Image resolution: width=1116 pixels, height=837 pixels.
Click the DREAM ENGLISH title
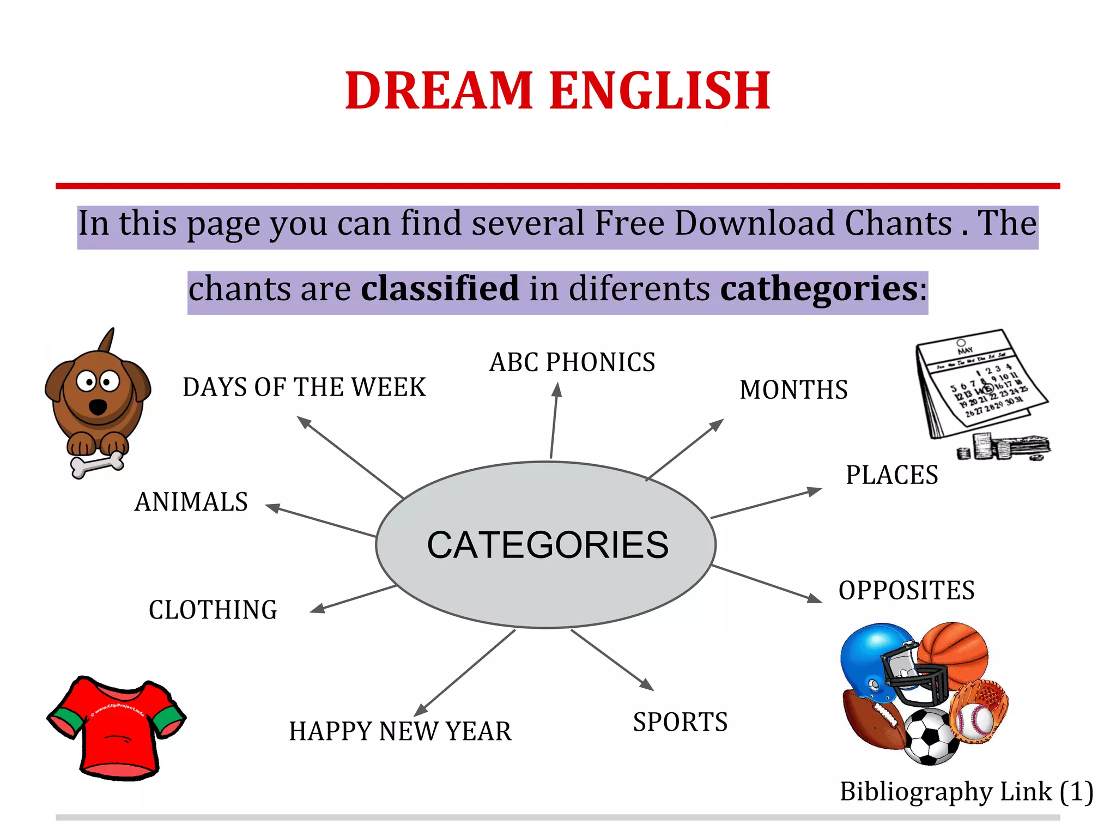[557, 90]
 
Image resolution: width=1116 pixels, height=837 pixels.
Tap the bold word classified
[440, 288]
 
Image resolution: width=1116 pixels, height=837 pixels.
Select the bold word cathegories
[819, 289]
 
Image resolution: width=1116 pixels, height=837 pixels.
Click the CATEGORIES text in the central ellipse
[547, 545]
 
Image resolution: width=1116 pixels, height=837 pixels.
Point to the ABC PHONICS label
[572, 362]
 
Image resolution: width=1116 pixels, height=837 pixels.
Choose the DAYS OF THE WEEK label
[304, 387]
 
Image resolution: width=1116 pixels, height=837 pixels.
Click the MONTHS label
[793, 390]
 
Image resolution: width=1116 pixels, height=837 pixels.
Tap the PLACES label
[891, 475]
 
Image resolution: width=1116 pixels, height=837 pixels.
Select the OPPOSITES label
[906, 591]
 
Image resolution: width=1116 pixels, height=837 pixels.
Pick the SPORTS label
[680, 723]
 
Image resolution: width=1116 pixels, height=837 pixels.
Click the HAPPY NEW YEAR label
[400, 731]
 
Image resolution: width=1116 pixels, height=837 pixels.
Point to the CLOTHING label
[213, 610]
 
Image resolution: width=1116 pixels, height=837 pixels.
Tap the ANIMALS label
[191, 502]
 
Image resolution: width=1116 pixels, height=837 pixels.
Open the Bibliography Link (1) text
[966, 791]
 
